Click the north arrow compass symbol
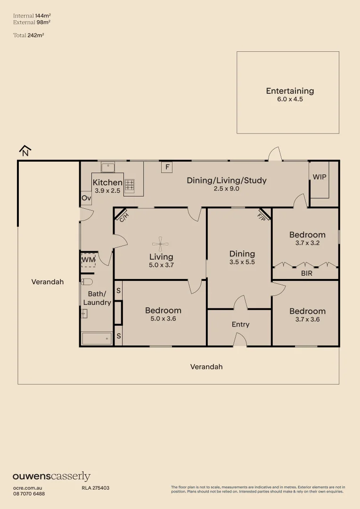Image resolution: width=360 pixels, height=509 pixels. (x=25, y=151)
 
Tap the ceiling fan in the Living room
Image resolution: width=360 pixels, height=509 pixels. (x=160, y=244)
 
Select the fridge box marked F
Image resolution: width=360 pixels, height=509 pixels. (x=167, y=167)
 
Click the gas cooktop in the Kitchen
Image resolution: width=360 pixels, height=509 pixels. (x=130, y=185)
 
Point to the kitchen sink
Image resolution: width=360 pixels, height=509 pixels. (x=108, y=167)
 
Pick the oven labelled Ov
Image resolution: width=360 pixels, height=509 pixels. (x=86, y=197)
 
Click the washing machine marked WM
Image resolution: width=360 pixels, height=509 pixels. (x=88, y=260)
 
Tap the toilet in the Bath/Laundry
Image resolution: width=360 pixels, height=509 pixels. (x=87, y=281)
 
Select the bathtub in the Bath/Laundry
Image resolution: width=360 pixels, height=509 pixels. (x=97, y=339)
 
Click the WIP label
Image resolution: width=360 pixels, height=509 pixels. (x=319, y=177)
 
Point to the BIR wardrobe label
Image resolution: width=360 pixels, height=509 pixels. (x=307, y=273)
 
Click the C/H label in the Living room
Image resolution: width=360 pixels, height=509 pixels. (x=123, y=216)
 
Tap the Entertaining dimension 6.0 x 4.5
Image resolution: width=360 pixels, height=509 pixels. (x=290, y=99)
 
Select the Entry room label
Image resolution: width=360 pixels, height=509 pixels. (x=240, y=324)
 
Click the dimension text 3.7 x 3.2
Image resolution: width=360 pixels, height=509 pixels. (x=307, y=243)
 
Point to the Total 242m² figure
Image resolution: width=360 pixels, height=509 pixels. (x=29, y=35)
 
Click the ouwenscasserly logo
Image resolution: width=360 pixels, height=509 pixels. (x=52, y=476)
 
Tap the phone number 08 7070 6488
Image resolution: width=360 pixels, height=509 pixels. (x=29, y=494)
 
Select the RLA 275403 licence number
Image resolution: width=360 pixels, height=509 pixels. (x=96, y=488)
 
